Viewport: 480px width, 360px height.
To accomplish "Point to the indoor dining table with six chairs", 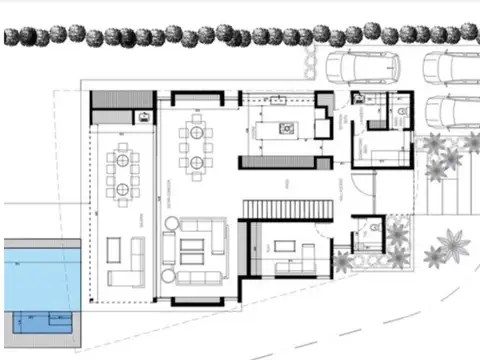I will click(193, 144).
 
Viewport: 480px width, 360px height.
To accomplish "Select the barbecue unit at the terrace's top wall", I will click(146, 115).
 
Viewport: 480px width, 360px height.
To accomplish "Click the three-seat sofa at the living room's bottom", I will click(202, 276).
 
